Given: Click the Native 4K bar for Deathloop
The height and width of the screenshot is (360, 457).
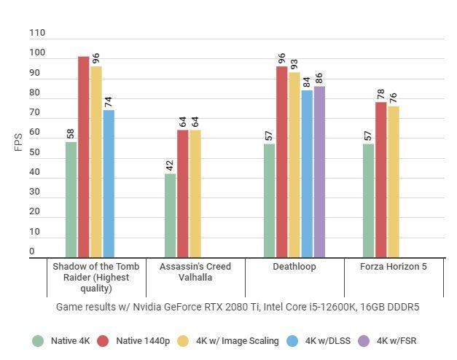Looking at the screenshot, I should point(270,200).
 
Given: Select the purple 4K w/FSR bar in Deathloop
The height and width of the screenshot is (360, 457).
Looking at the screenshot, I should point(319,172).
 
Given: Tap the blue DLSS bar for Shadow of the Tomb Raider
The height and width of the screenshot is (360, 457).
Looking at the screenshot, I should point(109,184).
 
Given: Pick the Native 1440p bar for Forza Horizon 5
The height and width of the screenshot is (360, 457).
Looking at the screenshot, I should point(381,179).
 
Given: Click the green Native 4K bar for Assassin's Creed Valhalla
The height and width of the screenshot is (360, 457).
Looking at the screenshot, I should point(171,216).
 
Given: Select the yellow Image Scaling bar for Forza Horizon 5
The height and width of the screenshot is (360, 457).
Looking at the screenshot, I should point(394,181).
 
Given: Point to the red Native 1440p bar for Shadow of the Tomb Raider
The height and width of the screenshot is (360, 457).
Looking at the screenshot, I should point(84,157).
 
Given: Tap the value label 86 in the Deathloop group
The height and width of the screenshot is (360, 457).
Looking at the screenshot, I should point(319,78).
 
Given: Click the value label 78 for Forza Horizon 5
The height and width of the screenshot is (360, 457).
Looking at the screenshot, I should point(381,94).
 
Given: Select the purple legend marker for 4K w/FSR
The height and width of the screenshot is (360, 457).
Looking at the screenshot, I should point(363,340).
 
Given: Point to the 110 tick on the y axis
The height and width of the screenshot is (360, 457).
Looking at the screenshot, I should point(37,33).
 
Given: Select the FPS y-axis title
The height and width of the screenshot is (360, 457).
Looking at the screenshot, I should point(19,141).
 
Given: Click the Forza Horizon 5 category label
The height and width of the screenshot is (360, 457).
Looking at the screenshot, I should point(394,267).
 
